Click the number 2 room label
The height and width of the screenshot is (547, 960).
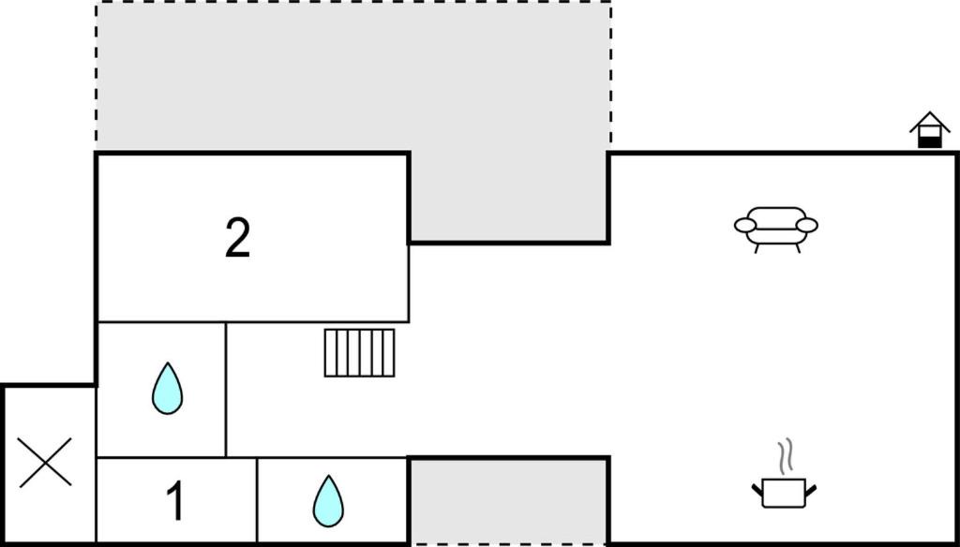237,238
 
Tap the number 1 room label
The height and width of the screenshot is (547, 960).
175,501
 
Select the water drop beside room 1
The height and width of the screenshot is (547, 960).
328,501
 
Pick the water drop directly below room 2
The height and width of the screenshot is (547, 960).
167,389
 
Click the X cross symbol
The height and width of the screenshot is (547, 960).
45,463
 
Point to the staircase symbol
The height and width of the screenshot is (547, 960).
359,353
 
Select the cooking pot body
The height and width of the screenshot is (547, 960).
784,494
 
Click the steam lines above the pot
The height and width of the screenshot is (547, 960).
786,456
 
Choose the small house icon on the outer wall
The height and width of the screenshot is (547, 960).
929,129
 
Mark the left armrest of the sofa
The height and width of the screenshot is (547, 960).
745,225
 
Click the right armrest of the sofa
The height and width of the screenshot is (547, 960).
807,225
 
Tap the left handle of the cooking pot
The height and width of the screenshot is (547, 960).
757,490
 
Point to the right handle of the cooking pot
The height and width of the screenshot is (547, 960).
811,490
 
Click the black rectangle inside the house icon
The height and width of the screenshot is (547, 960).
929,142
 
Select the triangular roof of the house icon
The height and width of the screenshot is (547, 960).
929,121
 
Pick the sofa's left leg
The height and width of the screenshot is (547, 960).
757,248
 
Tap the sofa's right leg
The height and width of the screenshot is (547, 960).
797,248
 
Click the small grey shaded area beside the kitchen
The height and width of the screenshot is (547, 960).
508,501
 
